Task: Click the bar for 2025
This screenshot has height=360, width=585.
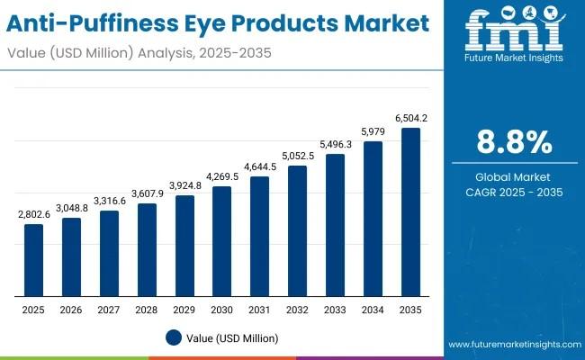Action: [x=33, y=260]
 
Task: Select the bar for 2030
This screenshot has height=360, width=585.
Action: [x=221, y=241]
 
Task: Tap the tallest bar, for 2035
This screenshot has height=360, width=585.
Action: [x=410, y=212]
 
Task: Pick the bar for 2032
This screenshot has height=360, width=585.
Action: [x=297, y=231]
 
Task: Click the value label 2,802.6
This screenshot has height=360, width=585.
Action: [x=33, y=214]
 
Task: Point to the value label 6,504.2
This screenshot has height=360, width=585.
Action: [x=410, y=118]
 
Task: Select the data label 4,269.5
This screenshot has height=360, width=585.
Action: [x=221, y=176]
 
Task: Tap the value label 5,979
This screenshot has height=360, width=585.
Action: [x=373, y=131]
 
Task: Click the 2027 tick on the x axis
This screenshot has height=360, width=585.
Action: [x=109, y=310]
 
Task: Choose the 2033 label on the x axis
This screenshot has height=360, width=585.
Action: [x=335, y=310]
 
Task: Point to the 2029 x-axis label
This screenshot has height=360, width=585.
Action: [x=184, y=310]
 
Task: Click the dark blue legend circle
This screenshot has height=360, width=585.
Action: [x=175, y=337]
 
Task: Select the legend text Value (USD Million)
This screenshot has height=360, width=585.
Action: [x=233, y=337]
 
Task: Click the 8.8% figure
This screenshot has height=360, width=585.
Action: [x=514, y=142]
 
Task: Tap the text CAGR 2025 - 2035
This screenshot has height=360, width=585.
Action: [x=514, y=193]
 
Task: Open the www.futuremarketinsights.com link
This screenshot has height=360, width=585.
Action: [x=512, y=345]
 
